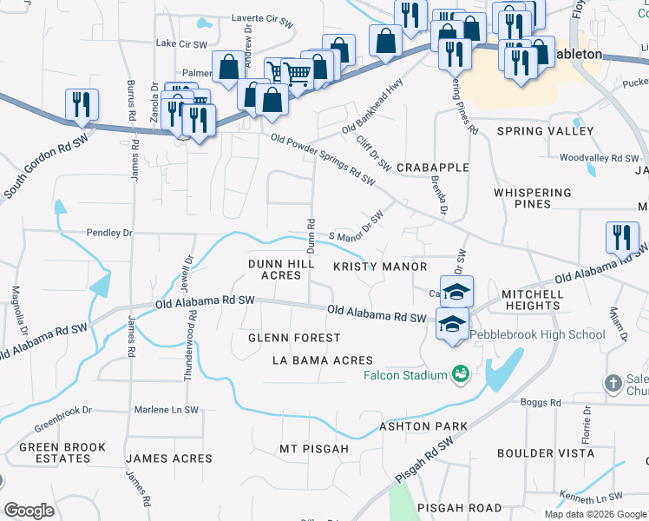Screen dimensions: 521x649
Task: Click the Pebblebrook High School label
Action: [538, 334]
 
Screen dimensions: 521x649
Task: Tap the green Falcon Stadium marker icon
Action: [461, 374]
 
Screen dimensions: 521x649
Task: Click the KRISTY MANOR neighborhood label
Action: [380, 267]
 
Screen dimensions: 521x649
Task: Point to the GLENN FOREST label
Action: [294, 337]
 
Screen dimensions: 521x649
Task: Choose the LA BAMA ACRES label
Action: [322, 360]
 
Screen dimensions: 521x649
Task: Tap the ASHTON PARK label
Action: [423, 426]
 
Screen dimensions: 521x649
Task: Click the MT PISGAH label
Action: [313, 449]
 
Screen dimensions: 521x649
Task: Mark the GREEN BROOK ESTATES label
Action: [62, 453]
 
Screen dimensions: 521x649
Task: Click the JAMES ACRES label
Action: [169, 458]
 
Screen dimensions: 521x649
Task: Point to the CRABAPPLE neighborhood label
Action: [432, 167]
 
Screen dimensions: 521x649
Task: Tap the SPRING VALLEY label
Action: [545, 131]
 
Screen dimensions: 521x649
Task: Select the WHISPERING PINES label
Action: [532, 198]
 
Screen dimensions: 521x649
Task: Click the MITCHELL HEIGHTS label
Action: [533, 300]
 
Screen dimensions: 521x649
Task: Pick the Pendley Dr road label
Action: [108, 233]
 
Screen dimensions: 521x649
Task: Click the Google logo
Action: [29, 511]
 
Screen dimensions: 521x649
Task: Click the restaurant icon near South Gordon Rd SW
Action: [82, 105]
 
